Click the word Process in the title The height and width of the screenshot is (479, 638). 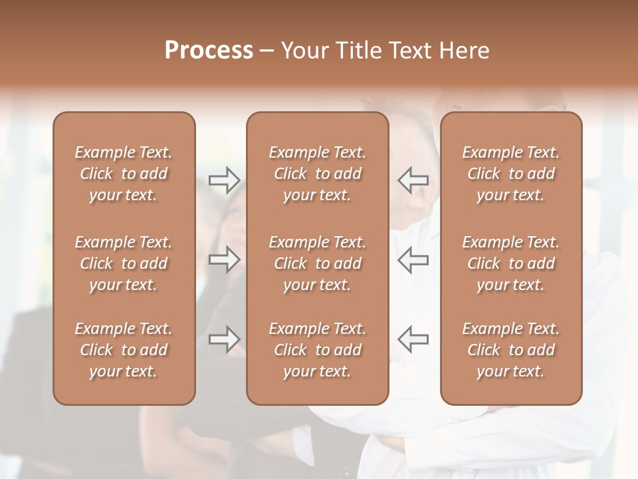(209, 51)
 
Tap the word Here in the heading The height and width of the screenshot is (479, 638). (464, 51)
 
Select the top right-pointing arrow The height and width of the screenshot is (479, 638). (224, 180)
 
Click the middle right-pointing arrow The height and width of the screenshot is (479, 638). (224, 259)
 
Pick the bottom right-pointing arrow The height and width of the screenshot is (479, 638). (224, 339)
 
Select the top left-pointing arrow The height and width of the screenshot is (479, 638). (413, 180)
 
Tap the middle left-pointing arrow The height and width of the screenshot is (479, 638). (413, 259)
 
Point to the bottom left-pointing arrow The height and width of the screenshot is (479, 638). (413, 339)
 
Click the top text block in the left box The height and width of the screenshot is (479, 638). (124, 174)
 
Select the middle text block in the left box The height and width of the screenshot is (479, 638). (124, 263)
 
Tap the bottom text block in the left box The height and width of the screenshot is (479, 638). (124, 350)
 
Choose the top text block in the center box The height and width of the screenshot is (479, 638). (318, 174)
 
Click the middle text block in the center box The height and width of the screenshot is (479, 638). (318, 263)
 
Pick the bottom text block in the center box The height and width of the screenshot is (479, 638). (318, 350)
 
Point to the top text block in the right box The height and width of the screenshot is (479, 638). (511, 174)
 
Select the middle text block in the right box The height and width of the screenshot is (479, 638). (511, 263)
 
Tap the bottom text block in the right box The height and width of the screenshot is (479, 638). (511, 350)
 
